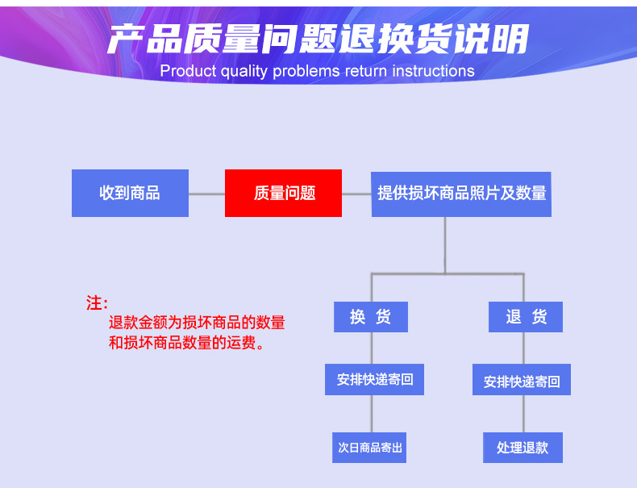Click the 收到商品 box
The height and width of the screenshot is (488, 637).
point(130,193)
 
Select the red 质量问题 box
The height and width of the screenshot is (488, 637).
point(283,193)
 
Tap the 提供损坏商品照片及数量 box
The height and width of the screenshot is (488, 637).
point(461,194)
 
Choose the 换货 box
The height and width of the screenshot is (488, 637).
point(370,317)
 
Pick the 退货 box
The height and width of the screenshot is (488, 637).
point(526,317)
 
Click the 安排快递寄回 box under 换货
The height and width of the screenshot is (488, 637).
point(375,379)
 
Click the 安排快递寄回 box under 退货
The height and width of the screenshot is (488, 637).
point(522,381)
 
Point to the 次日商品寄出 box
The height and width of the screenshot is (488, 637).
point(369,447)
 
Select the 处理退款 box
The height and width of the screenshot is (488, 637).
point(523,448)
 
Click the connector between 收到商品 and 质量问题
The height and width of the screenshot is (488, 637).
point(206,194)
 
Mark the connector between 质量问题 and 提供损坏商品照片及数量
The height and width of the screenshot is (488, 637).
point(356,194)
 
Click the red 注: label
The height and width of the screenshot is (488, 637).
point(97,303)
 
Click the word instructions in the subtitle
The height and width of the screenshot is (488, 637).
point(433,71)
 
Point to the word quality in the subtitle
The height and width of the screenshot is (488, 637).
point(245,71)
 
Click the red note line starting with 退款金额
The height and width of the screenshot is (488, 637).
point(197,323)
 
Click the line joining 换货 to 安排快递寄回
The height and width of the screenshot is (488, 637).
point(371,348)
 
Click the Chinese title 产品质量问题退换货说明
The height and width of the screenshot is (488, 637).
point(318,39)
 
